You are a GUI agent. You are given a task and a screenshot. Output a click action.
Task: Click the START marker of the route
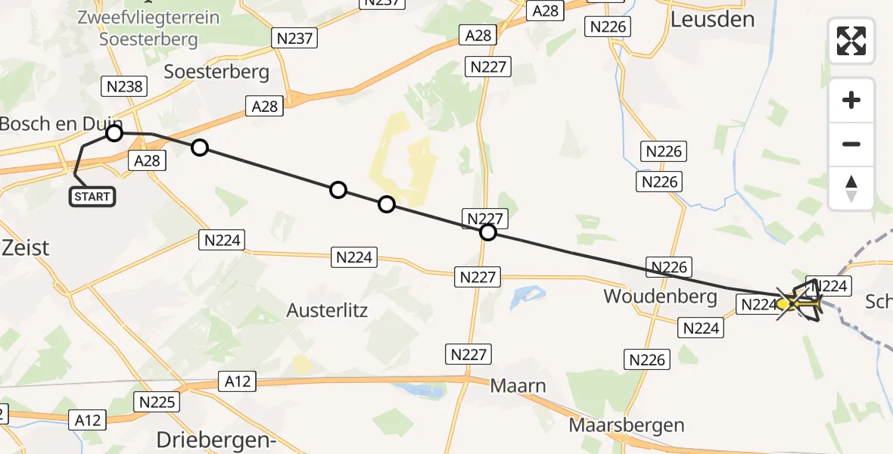pyautogui.click(x=92, y=197)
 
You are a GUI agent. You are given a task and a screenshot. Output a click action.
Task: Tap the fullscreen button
pyautogui.click(x=851, y=41)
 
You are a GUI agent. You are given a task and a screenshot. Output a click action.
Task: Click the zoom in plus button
pyautogui.click(x=851, y=101)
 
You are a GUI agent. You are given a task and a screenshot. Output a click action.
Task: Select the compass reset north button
pyautogui.click(x=851, y=188)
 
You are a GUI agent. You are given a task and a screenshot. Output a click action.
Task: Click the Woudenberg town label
pyautogui.click(x=660, y=296)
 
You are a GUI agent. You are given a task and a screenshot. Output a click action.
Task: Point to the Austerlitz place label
pyautogui.click(x=327, y=309)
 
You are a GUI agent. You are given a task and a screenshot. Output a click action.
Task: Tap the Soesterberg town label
pyautogui.click(x=216, y=72)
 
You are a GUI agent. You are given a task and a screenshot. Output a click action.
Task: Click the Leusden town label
pyautogui.click(x=712, y=19)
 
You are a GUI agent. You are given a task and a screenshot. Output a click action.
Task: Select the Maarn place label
pyautogui.click(x=518, y=386)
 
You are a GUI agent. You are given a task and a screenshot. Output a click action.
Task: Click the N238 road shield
pyautogui.click(x=125, y=86)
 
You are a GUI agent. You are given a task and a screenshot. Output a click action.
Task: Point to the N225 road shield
pyautogui.click(x=157, y=402)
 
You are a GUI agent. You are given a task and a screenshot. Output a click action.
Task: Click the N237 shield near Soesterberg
pyautogui.click(x=294, y=38)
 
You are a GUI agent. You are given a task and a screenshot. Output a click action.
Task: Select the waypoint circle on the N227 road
pyautogui.click(x=488, y=232)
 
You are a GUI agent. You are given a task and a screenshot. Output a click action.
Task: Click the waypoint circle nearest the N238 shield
pyautogui.click(x=114, y=133)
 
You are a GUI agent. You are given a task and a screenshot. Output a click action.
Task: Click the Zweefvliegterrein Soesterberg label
pyautogui.click(x=148, y=28)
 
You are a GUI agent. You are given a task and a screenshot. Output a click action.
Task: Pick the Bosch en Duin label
pyautogui.click(x=61, y=123)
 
